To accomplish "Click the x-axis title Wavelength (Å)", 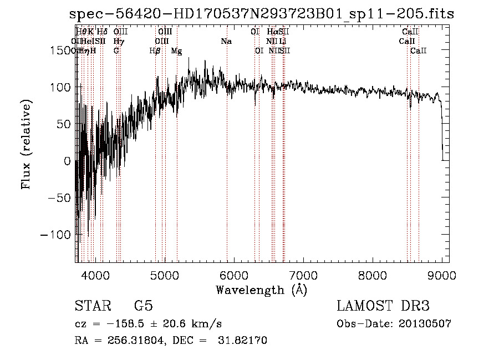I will point(261,290).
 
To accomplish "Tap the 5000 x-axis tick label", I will point(165,275).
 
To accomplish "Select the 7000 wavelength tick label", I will point(303,275).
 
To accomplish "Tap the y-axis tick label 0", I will point(67,161).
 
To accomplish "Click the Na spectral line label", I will point(226,42).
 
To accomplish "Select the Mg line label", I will point(176,51).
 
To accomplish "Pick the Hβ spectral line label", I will point(155,51).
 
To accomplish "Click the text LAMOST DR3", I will point(383,306).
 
